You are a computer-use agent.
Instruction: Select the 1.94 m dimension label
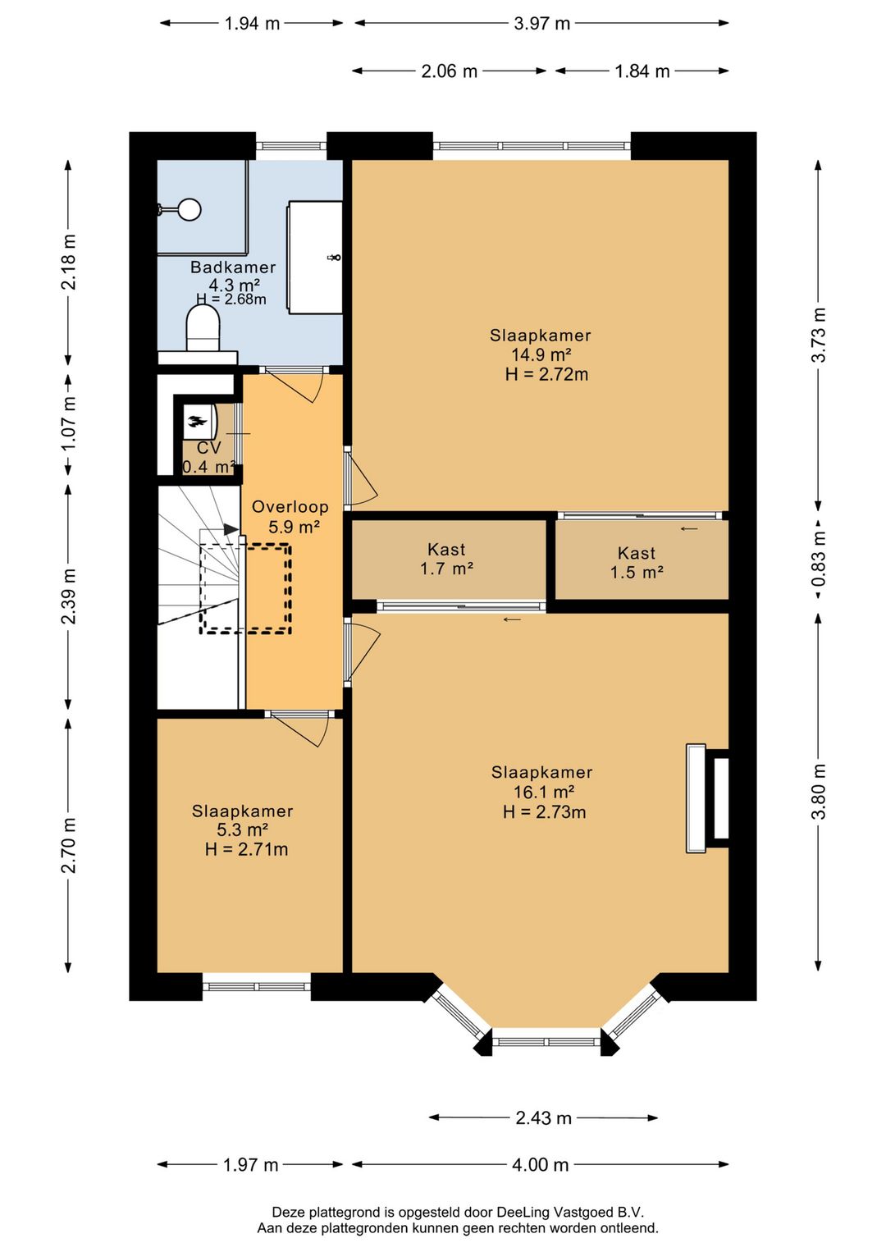tap(252, 24)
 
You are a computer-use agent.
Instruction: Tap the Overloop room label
tap(290, 507)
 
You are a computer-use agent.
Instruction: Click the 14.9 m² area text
tap(541, 355)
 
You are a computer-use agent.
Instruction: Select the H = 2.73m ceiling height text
tap(545, 811)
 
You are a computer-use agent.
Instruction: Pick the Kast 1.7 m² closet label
tap(446, 559)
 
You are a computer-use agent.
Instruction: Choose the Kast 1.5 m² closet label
tap(637, 563)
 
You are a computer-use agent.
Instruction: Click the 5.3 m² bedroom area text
tap(242, 829)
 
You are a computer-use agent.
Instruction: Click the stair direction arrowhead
tap(231, 528)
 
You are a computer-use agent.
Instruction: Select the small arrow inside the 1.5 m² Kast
tap(689, 528)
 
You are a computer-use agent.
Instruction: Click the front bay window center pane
tap(546, 1041)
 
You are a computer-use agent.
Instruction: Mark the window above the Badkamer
tap(291, 146)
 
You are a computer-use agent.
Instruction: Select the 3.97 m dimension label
tap(541, 24)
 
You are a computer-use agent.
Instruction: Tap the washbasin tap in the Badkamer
tap(335, 257)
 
